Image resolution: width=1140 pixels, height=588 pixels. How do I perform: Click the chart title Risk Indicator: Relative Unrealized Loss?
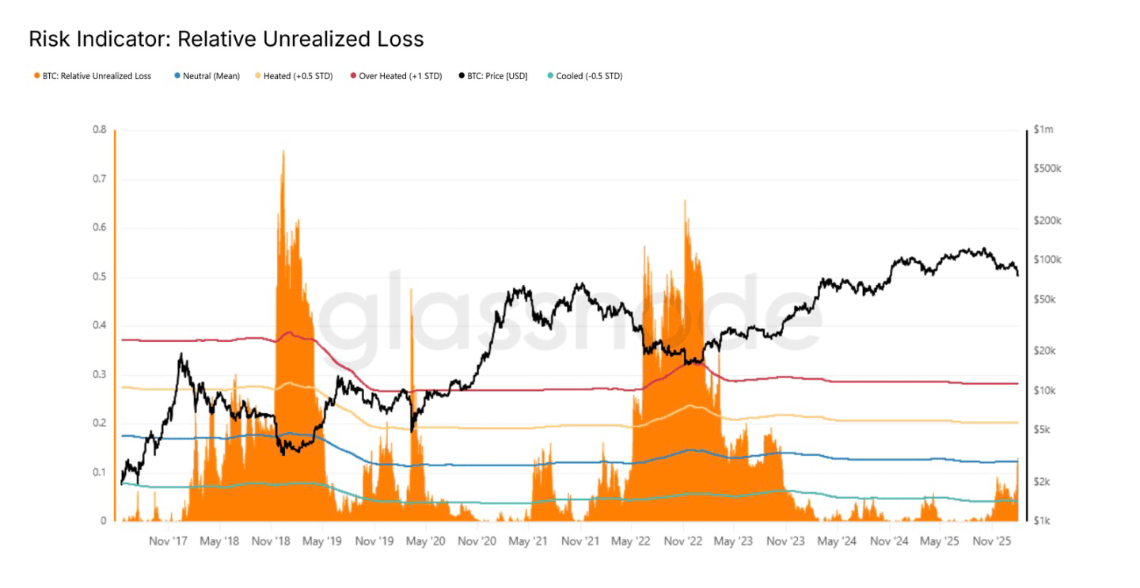[226, 39]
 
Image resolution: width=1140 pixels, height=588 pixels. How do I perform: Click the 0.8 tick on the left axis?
[100, 130]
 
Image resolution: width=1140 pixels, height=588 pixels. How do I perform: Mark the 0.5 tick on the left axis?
[100, 277]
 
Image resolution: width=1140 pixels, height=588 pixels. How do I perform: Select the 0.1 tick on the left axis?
[100, 472]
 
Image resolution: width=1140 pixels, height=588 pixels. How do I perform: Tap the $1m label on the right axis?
[1043, 129]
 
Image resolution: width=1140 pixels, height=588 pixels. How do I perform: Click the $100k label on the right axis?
[1047, 260]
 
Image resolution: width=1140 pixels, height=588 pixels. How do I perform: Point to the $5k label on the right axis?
[1043, 430]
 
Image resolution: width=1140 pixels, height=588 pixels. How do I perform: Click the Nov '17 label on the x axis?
[168, 542]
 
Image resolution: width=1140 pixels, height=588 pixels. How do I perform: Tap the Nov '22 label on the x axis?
[683, 542]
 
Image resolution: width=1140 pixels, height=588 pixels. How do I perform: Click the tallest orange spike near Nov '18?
[283, 152]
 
